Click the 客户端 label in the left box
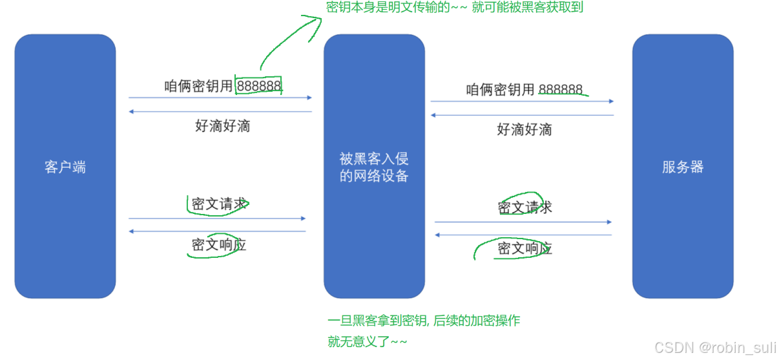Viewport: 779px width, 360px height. click(65, 167)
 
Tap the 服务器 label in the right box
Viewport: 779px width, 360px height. click(683, 167)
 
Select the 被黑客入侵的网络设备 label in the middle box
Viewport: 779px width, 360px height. click(374, 167)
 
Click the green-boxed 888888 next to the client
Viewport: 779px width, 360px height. click(259, 86)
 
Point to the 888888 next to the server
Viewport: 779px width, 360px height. click(561, 90)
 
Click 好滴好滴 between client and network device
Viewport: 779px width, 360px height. click(222, 125)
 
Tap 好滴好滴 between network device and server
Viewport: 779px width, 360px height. click(525, 129)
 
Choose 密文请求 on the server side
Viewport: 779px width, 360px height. click(525, 207)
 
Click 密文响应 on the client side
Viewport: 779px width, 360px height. click(219, 245)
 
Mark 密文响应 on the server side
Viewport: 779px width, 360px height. click(525, 248)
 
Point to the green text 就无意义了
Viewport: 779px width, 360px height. click(367, 341)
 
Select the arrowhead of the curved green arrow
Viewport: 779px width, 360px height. click(317, 20)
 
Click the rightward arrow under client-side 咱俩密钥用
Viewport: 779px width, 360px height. click(220, 98)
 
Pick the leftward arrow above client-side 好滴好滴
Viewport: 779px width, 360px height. click(220, 111)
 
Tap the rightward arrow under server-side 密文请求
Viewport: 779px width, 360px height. click(523, 222)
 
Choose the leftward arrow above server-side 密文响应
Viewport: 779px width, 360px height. click(523, 235)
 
